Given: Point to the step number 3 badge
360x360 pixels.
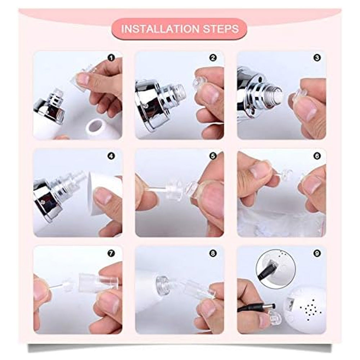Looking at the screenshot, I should click(x=317, y=58).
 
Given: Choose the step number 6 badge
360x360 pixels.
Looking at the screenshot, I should click(x=317, y=156).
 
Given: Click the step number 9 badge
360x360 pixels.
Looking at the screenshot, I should click(x=317, y=253).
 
